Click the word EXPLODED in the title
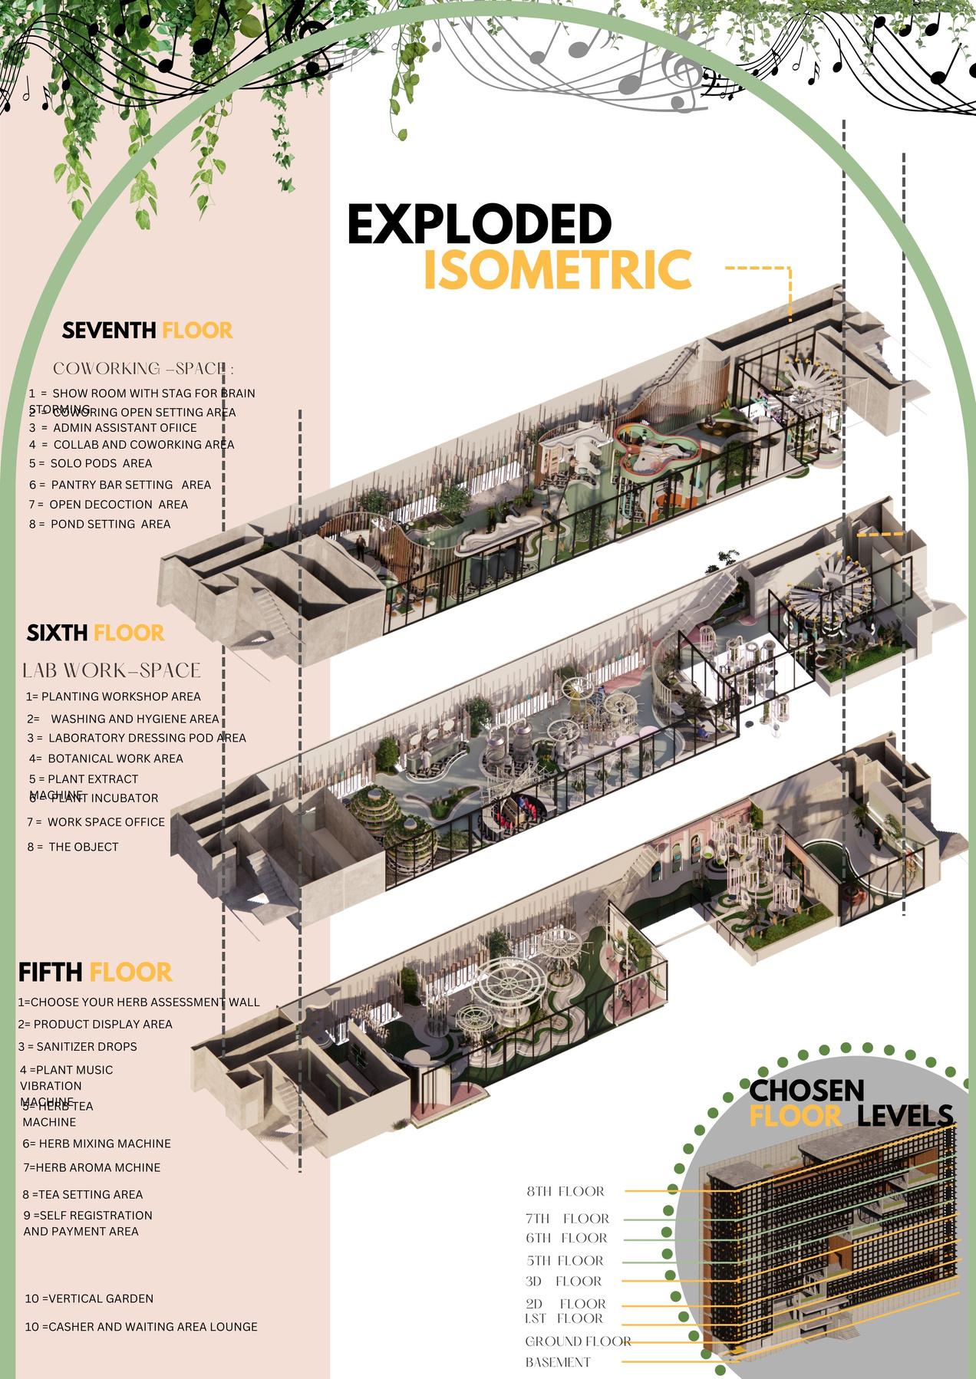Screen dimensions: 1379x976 pos(480,224)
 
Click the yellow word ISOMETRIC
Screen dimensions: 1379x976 pos(557,269)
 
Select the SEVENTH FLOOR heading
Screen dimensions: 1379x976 pos(147,331)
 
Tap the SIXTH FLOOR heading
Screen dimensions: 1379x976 pos(95,633)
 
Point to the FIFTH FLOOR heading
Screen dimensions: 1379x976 pos(95,972)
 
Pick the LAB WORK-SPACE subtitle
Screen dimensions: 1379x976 pos(112,670)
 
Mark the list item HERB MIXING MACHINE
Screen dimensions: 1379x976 pos(97,1143)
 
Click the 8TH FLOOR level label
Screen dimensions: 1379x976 pos(565,1191)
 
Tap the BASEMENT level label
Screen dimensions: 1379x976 pos(558,1362)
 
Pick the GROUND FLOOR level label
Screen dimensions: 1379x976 pos(578,1341)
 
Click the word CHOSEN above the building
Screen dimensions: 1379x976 pos(806,1090)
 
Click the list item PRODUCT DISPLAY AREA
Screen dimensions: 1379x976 pos(95,1024)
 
